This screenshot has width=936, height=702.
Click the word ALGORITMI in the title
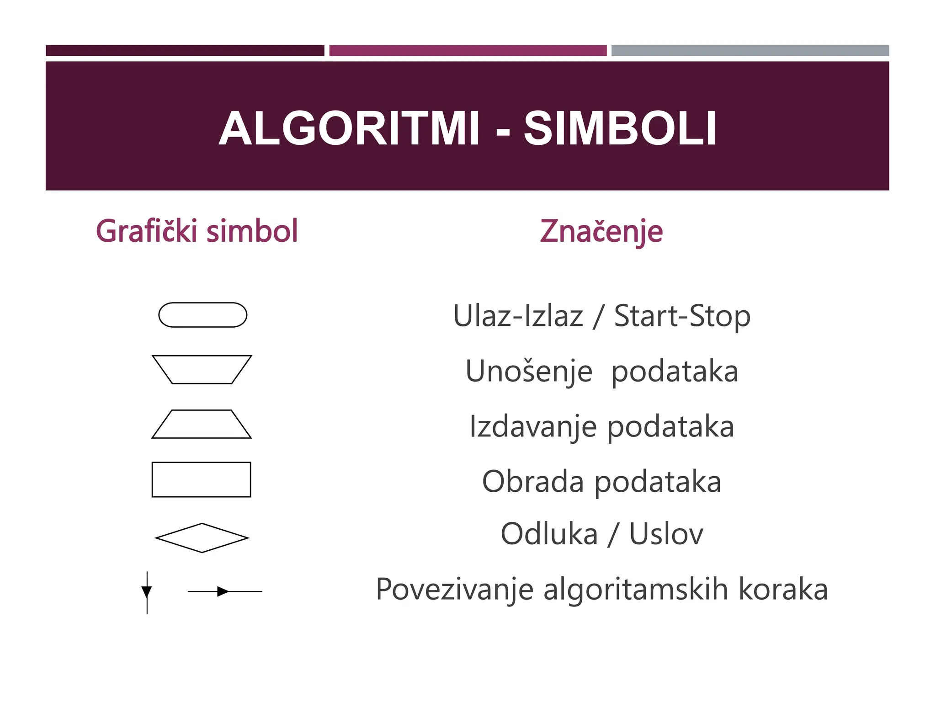pyautogui.click(x=349, y=129)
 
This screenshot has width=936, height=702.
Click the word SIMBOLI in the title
pyautogui.click(x=620, y=129)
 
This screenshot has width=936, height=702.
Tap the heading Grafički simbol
pyautogui.click(x=197, y=231)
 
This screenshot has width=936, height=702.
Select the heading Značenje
pyautogui.click(x=601, y=232)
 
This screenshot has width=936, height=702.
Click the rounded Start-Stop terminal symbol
pyautogui.click(x=202, y=315)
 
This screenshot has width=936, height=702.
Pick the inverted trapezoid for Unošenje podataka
pyautogui.click(x=202, y=369)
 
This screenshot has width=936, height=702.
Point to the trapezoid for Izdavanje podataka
pyautogui.click(x=202, y=424)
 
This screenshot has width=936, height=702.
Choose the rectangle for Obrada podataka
pyautogui.click(x=201, y=479)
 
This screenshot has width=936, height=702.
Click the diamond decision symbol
pyautogui.click(x=202, y=538)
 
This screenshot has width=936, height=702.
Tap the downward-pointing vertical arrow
pyautogui.click(x=147, y=592)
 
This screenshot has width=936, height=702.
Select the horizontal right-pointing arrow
pyautogui.click(x=224, y=591)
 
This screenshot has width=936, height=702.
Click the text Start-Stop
pyautogui.click(x=682, y=316)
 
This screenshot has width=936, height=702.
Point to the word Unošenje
pyautogui.click(x=529, y=371)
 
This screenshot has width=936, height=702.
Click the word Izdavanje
pyautogui.click(x=533, y=426)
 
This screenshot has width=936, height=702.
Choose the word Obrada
pyautogui.click(x=533, y=481)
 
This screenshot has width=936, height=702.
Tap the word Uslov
pyautogui.click(x=666, y=534)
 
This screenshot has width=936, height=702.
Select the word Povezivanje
pyautogui.click(x=454, y=590)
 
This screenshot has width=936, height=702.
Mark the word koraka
pyautogui.click(x=783, y=589)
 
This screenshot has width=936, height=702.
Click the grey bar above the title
pyautogui.click(x=750, y=51)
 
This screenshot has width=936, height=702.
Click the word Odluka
pyautogui.click(x=549, y=534)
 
